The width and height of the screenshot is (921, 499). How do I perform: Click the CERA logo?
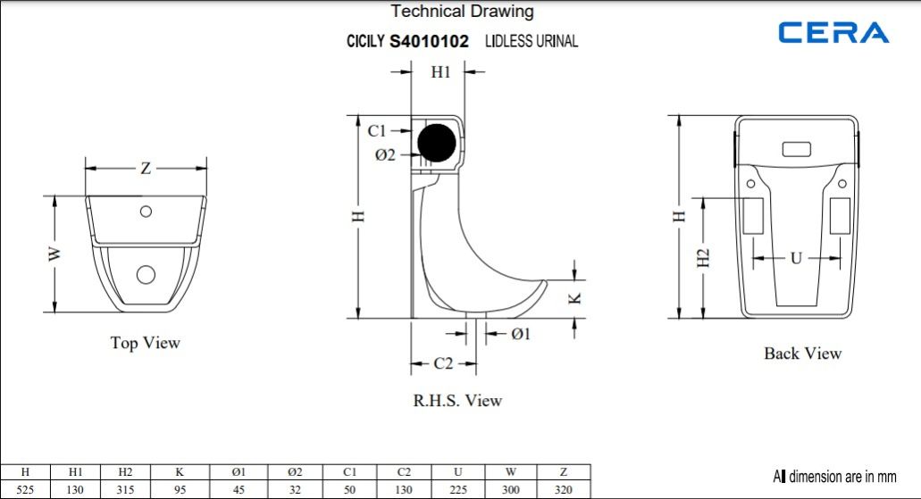coord(833,32)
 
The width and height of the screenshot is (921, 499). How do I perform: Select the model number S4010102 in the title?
coord(430,41)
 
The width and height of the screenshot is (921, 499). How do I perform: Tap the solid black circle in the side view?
coord(437,143)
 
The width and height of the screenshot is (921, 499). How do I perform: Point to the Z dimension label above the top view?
coord(146,169)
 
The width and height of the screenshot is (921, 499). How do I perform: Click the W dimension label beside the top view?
coord(54,254)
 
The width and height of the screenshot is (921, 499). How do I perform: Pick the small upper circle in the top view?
coord(146,212)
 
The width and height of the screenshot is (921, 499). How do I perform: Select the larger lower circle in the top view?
coord(146,274)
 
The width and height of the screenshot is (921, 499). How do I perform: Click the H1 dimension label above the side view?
coord(440,71)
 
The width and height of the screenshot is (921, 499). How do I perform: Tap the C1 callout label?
coord(376,130)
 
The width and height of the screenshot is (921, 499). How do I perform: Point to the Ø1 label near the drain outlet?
coord(521,334)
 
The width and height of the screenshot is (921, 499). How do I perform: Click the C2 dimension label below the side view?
coord(443,363)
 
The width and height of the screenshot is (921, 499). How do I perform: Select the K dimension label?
coord(575,298)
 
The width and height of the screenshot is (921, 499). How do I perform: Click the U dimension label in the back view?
coord(796,258)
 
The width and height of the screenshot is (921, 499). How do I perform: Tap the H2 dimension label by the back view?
coord(703,258)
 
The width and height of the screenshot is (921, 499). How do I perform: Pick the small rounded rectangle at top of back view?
coord(797,149)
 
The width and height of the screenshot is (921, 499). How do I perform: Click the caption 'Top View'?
coord(145,343)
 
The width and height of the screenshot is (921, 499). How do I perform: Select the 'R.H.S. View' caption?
coord(457,401)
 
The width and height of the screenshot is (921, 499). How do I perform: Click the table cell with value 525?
coord(25,489)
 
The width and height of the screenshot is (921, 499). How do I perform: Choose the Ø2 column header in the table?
coord(295,472)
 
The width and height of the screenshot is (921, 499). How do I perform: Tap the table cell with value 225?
coord(458,489)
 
